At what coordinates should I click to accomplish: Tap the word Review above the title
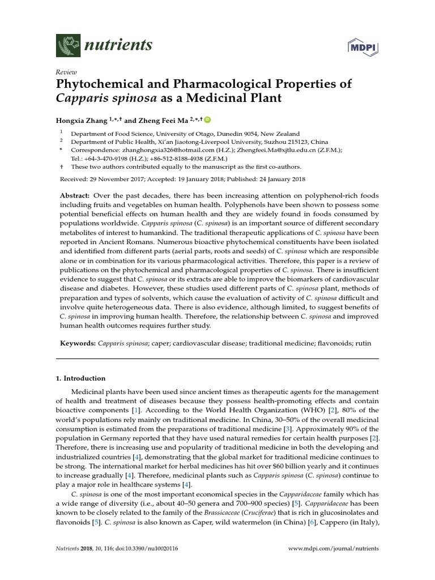point(65,72)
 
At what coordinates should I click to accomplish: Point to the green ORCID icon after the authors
point(207,120)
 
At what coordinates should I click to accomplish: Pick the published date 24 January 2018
point(275,179)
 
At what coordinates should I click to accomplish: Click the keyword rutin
point(365,344)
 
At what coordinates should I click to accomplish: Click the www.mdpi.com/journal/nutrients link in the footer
point(334,549)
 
